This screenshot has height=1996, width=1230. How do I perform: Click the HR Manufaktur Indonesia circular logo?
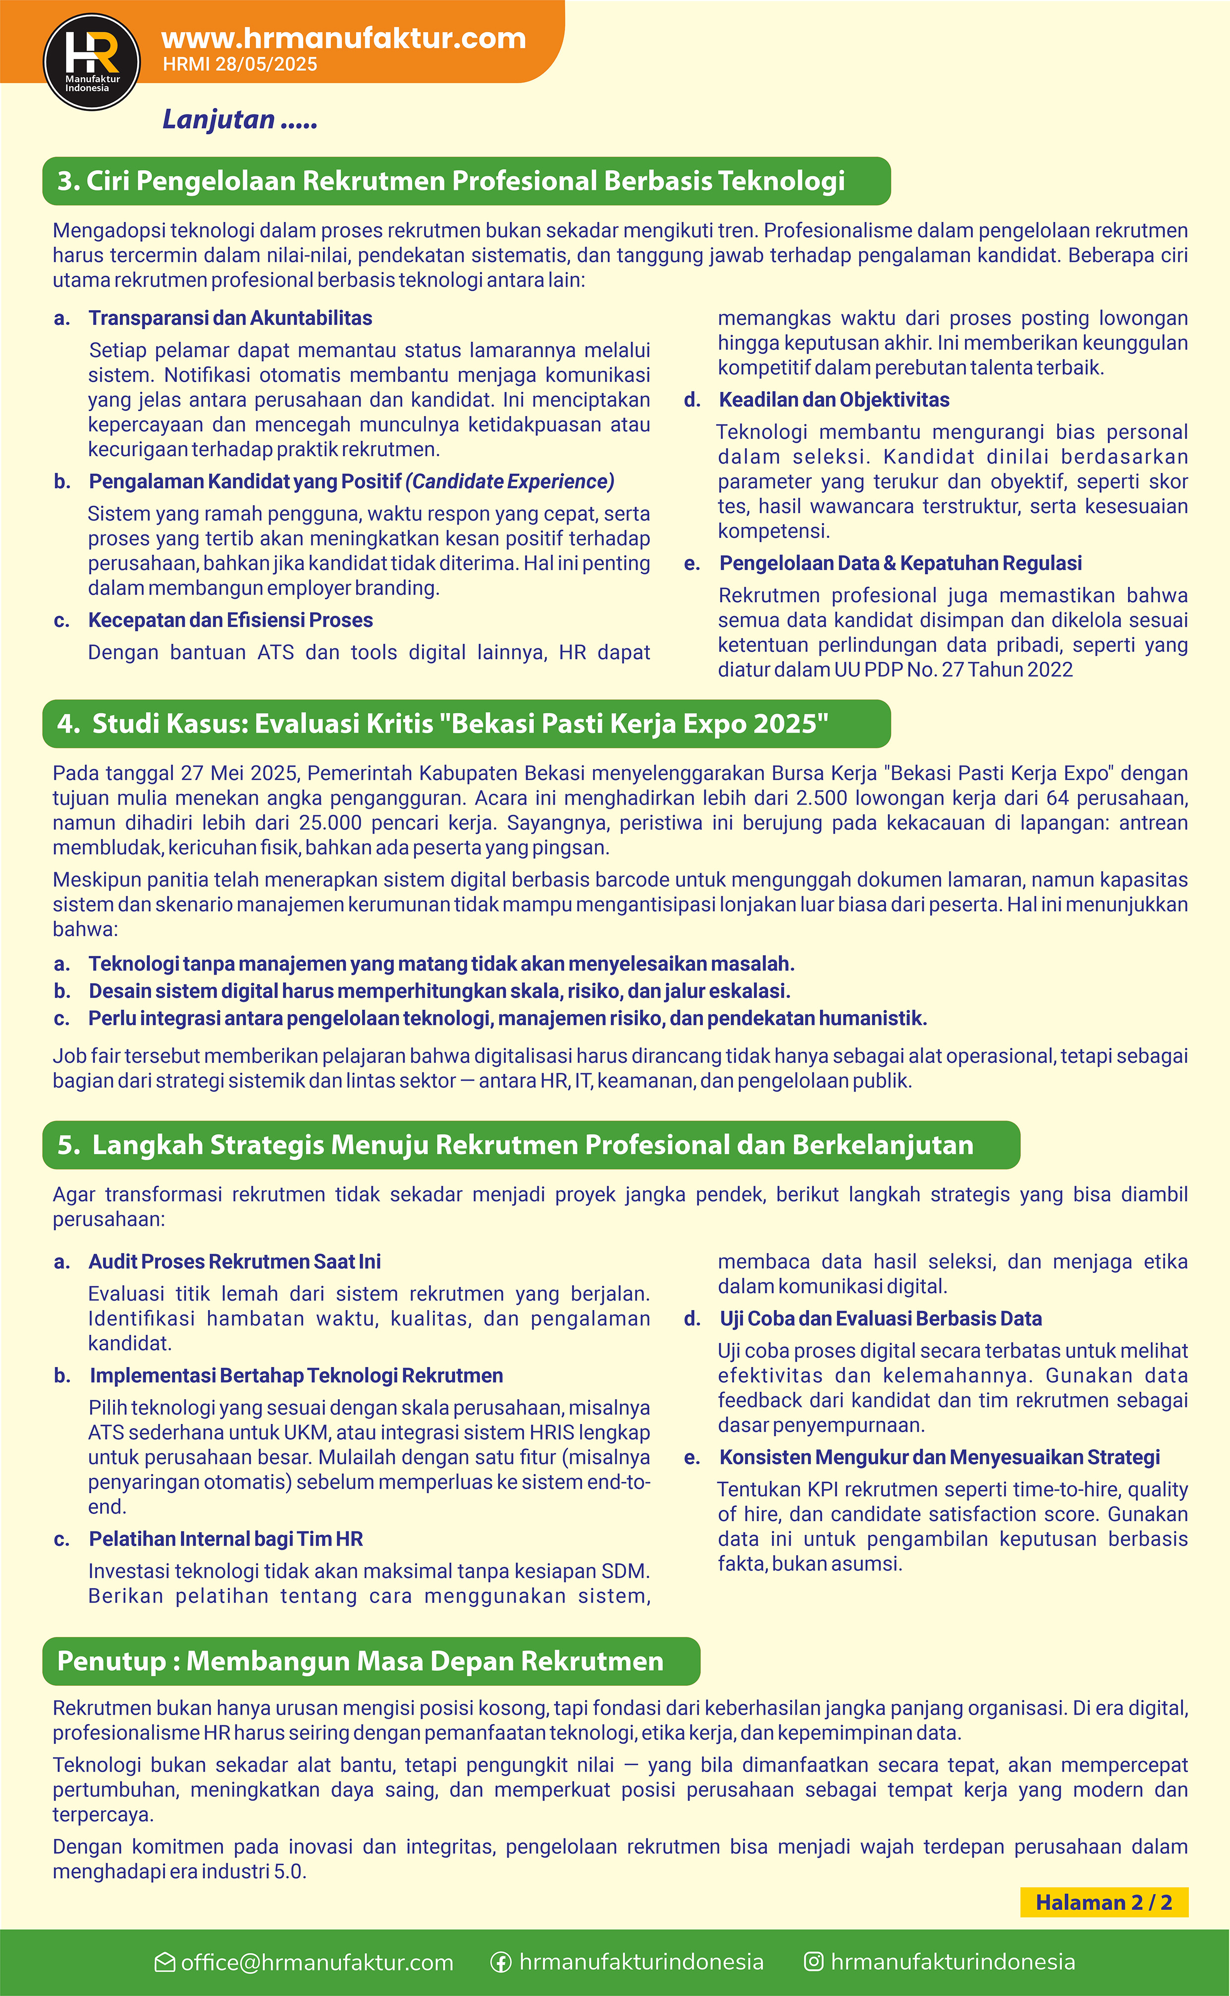(x=91, y=62)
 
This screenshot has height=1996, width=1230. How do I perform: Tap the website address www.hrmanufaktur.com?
(x=343, y=38)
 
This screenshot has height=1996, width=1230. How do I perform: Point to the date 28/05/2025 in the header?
(x=266, y=65)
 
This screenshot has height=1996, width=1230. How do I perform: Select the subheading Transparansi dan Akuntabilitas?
(x=230, y=318)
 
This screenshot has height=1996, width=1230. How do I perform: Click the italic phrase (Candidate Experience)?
(x=510, y=481)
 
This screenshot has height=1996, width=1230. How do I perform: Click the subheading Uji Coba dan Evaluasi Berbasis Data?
(x=880, y=1318)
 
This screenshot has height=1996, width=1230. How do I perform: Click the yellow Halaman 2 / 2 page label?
(x=1104, y=1902)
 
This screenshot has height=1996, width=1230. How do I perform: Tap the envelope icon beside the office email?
(x=164, y=1963)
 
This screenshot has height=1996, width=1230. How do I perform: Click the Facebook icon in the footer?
(x=501, y=1963)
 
